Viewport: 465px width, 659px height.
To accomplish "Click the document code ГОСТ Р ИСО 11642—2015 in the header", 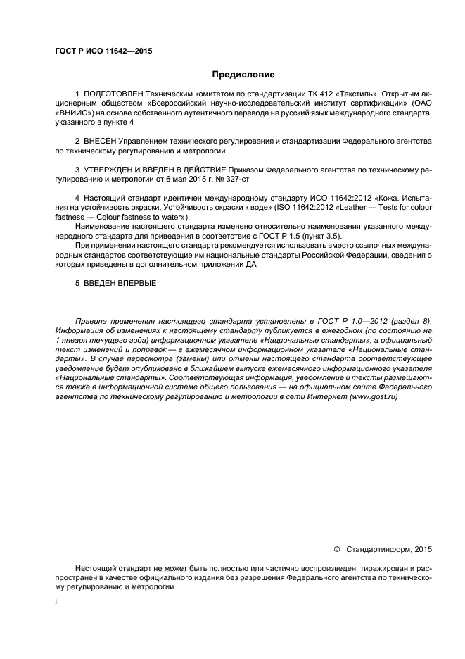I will pos(103,51).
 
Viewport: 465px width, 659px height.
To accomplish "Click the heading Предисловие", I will pos(243,74).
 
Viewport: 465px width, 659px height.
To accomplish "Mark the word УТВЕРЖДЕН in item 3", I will pos(112,170).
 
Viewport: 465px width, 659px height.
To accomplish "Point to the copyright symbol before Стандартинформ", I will pos(336,548).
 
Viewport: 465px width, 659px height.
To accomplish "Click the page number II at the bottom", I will pos(57,603).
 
